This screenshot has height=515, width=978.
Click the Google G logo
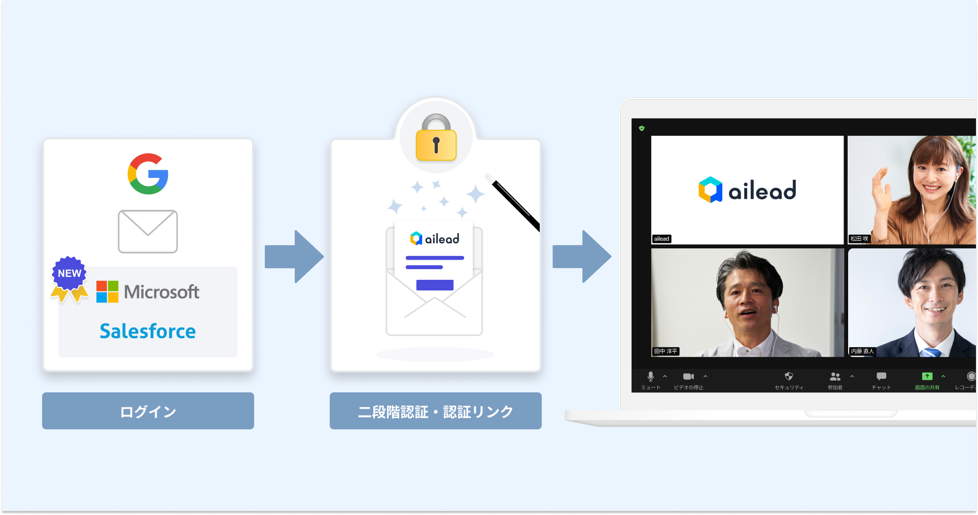pos(148,174)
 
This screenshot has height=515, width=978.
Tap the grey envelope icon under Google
pos(148,232)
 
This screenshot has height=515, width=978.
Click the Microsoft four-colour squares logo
pos(107,292)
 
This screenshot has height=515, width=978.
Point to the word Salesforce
pos(148,332)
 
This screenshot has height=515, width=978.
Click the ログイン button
pos(148,411)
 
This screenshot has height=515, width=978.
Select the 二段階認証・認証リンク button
pos(435,411)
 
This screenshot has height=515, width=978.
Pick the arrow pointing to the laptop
pos(582,256)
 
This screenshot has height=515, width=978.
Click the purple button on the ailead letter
pos(435,285)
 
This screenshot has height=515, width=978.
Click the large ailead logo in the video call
pos(747,190)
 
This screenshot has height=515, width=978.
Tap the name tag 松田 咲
pos(859,239)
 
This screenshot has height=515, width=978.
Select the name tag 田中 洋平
pos(666,351)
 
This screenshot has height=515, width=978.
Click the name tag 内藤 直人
pos(862,351)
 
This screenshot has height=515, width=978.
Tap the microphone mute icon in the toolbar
pos(650,377)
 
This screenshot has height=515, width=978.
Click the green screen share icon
pos(927,377)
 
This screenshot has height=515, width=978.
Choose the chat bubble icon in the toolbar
pos(881,377)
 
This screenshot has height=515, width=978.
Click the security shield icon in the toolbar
pos(788,376)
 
